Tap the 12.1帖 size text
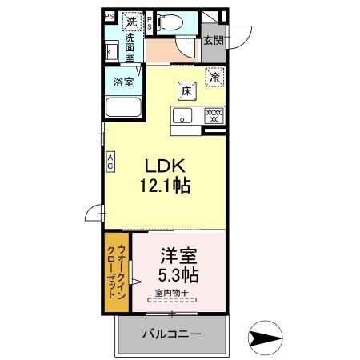(x=166, y=186)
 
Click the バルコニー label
(x=171, y=334)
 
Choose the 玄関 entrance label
(x=212, y=41)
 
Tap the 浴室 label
(x=123, y=81)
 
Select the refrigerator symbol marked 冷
(x=214, y=78)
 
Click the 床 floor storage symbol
(x=186, y=90)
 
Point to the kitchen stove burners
(x=213, y=114)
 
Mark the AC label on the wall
(x=110, y=162)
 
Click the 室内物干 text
(x=170, y=294)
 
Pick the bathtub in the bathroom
(x=124, y=107)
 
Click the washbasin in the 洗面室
(x=113, y=50)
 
